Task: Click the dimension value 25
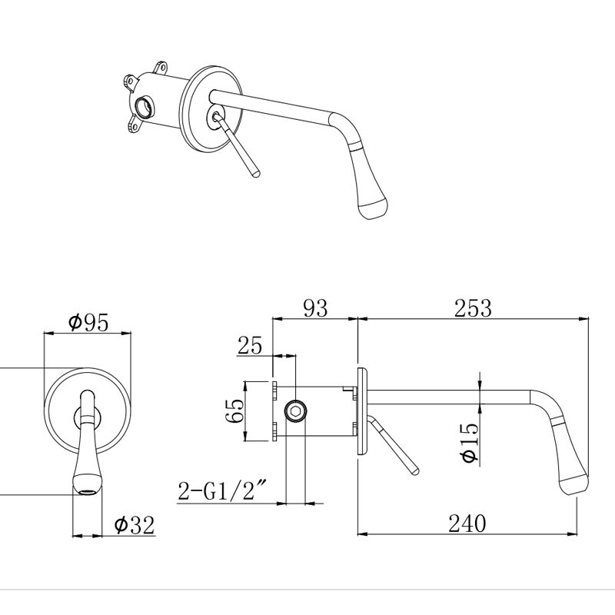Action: [250, 346]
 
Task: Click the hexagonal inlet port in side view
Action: [296, 411]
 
